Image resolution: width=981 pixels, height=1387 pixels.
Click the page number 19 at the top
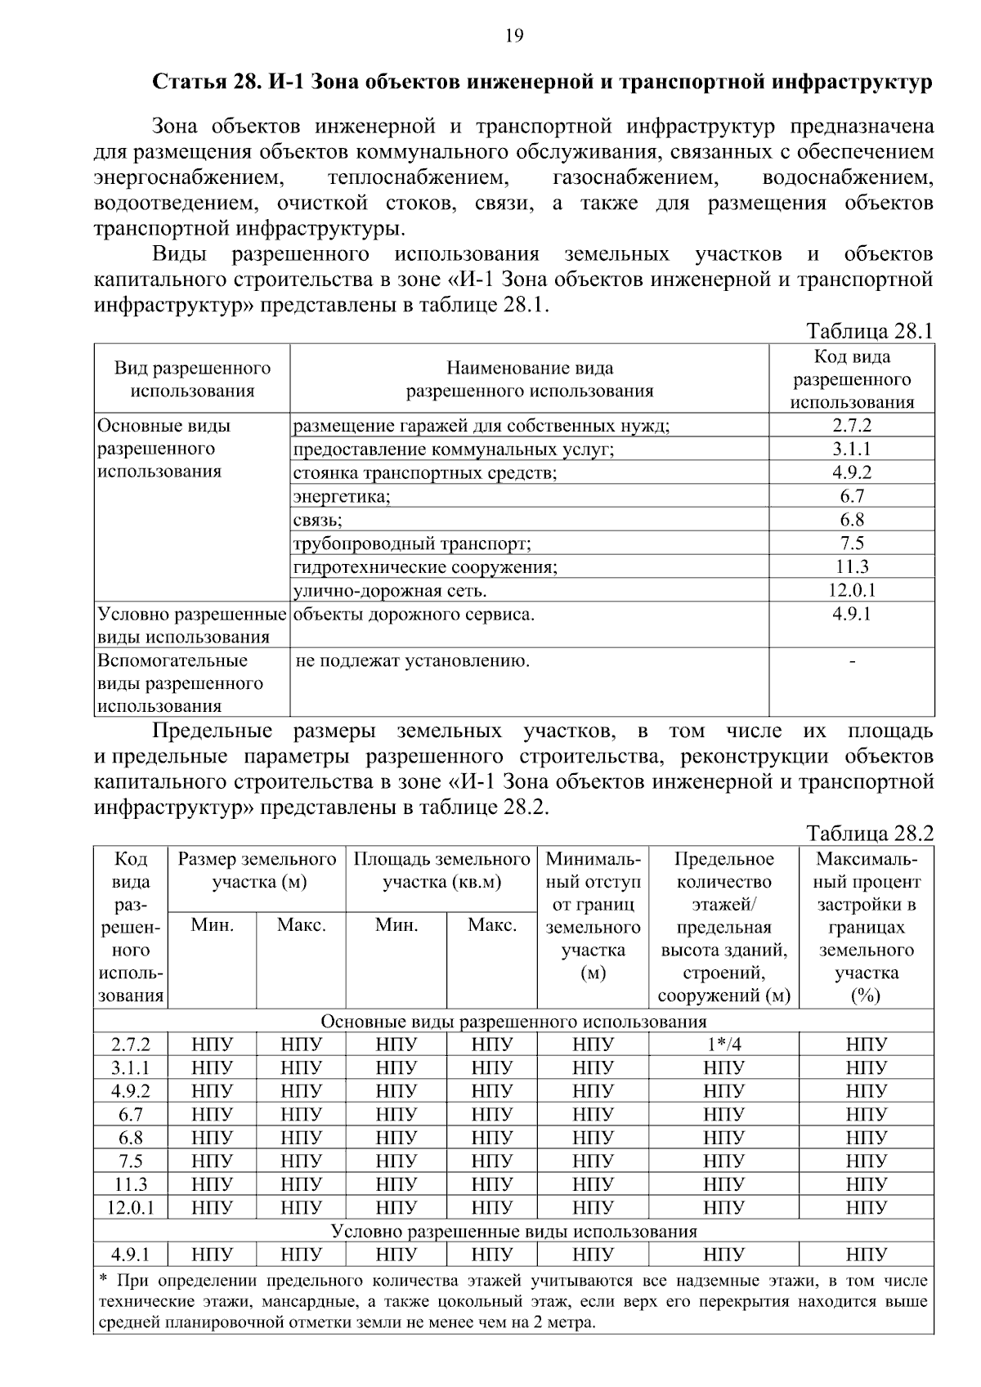pyautogui.click(x=513, y=35)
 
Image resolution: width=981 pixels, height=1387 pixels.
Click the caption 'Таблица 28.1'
pyautogui.click(x=869, y=332)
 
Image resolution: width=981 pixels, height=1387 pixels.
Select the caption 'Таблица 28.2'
pyautogui.click(x=869, y=834)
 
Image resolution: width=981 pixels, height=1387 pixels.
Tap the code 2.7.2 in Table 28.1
pyautogui.click(x=852, y=426)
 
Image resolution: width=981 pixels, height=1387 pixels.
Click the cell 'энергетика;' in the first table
pyautogui.click(x=342, y=496)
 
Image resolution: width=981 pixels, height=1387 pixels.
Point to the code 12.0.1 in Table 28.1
pyautogui.click(x=852, y=590)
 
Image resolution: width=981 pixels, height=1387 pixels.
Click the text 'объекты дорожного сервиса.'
pyautogui.click(x=414, y=615)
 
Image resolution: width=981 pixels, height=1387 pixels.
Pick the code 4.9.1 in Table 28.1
pyautogui.click(x=852, y=614)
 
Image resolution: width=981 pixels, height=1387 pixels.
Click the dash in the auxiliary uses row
pyautogui.click(x=853, y=661)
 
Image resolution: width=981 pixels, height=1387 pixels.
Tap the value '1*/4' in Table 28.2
pyautogui.click(x=723, y=1045)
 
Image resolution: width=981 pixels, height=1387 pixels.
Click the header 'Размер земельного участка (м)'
pyautogui.click(x=257, y=870)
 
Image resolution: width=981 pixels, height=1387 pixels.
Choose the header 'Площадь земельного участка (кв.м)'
pyautogui.click(x=441, y=870)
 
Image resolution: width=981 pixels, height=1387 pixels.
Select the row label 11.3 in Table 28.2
pyautogui.click(x=131, y=1185)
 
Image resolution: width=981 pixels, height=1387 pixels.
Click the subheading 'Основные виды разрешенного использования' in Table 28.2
pyautogui.click(x=513, y=1022)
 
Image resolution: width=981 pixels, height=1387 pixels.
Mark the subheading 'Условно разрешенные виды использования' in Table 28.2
pyautogui.click(x=513, y=1232)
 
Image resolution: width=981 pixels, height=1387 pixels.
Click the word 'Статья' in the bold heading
pyautogui.click(x=181, y=83)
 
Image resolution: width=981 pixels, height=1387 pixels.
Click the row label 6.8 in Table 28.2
pyautogui.click(x=131, y=1138)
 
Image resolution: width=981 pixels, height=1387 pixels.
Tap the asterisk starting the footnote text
pyautogui.click(x=103, y=1279)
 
